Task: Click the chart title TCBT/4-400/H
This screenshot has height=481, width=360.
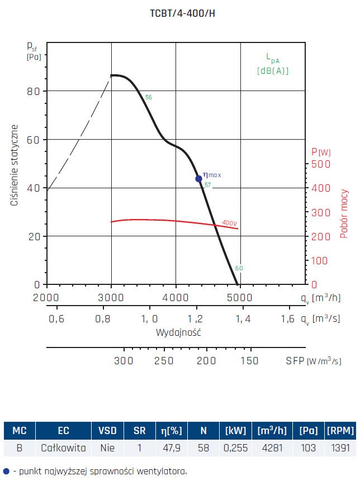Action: (x=182, y=14)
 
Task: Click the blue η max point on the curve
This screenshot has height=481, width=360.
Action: (x=198, y=179)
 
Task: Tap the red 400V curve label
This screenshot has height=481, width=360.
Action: (x=230, y=223)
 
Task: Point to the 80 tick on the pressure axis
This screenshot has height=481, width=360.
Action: (x=34, y=91)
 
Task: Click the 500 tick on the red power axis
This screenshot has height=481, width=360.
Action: (x=320, y=164)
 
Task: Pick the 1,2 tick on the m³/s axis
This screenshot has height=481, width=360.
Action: (x=196, y=319)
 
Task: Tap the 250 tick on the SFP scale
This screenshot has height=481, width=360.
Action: (x=164, y=361)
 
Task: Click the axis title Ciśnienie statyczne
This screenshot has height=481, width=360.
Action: (x=15, y=165)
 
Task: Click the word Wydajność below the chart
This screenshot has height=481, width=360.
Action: (x=178, y=332)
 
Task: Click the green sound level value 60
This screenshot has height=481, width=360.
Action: (x=239, y=268)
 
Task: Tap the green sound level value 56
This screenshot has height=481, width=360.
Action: (x=148, y=98)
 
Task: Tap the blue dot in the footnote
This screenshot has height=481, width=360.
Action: (x=6, y=471)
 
